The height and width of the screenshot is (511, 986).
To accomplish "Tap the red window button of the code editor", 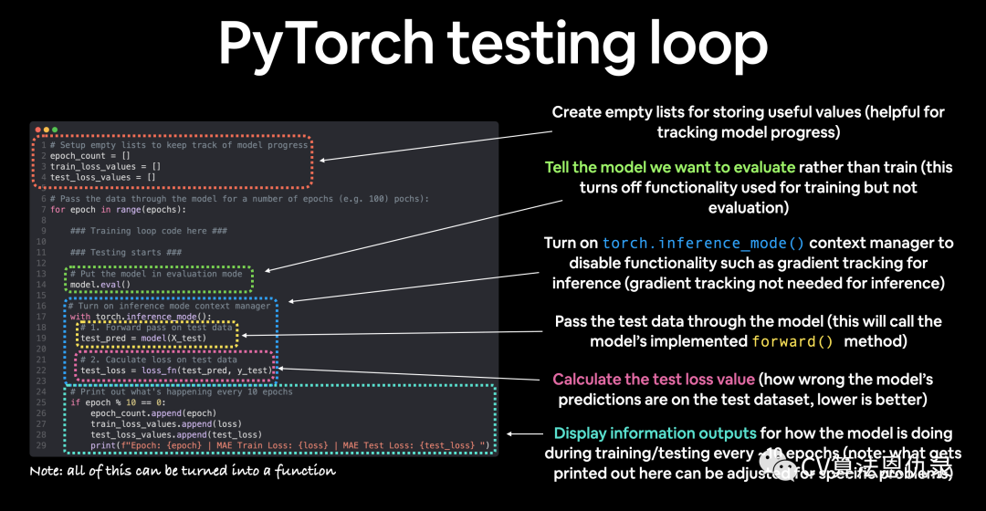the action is [37, 130].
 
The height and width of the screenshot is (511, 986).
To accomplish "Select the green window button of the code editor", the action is [54, 130].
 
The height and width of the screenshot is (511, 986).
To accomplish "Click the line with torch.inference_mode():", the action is [141, 317].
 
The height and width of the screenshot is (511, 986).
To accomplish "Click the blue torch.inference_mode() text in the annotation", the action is [704, 244].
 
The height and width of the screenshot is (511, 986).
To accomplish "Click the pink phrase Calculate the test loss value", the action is [654, 379].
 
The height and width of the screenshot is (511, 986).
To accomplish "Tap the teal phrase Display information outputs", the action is [656, 433].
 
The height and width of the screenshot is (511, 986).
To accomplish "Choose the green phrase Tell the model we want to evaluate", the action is [670, 168].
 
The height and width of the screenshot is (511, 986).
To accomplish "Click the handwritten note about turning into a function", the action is [183, 471].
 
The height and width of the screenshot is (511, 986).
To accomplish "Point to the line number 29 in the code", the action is [42, 444].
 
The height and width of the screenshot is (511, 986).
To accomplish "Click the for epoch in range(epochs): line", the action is [113, 210].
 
